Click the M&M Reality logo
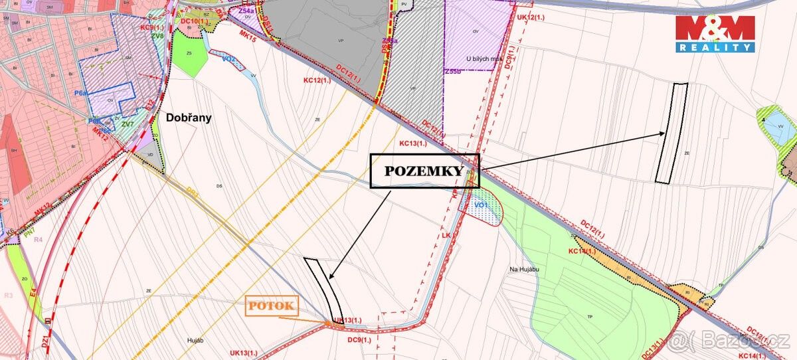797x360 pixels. [715, 33]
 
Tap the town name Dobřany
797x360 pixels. [190, 118]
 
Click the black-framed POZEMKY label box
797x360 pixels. [424, 171]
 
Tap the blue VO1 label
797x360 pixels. [481, 206]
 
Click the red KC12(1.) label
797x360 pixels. [317, 80]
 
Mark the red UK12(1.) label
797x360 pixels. [531, 16]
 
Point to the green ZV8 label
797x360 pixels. [157, 36]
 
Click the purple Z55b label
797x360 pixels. [454, 71]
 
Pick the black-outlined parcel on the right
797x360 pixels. [671, 133]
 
